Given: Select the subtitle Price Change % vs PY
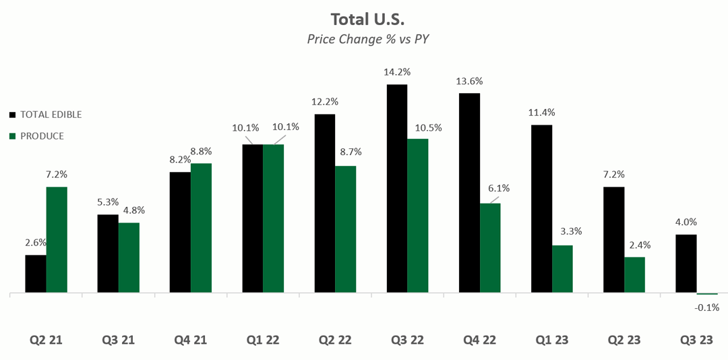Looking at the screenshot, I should pyautogui.click(x=368, y=38).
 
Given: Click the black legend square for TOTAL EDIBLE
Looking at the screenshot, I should pyautogui.click(x=13, y=115).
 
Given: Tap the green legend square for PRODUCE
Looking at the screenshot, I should pyautogui.click(x=13, y=136).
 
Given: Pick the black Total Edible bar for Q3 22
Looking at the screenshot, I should pyautogui.click(x=397, y=189).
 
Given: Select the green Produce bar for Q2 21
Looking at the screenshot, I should pyautogui.click(x=57, y=240).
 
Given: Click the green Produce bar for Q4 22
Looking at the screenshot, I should pyautogui.click(x=490, y=248).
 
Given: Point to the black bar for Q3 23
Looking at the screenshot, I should pyautogui.click(x=686, y=264).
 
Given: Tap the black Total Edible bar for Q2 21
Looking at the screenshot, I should pyautogui.click(x=36, y=274).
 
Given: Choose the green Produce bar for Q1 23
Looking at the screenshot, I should pyautogui.click(x=562, y=269).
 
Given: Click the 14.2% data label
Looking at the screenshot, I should pyautogui.click(x=397, y=72).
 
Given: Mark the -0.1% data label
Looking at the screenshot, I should pyautogui.click(x=707, y=307).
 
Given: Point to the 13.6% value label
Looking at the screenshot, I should pyautogui.click(x=469, y=81).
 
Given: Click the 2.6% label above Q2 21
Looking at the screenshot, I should pyautogui.click(x=36, y=243).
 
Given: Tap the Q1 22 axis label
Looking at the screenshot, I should pyautogui.click(x=264, y=340).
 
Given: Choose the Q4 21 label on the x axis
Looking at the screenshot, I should pyautogui.click(x=191, y=340).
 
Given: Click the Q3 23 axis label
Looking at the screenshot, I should pyautogui.click(x=696, y=340).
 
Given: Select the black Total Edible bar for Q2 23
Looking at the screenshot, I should pyautogui.click(x=614, y=240).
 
